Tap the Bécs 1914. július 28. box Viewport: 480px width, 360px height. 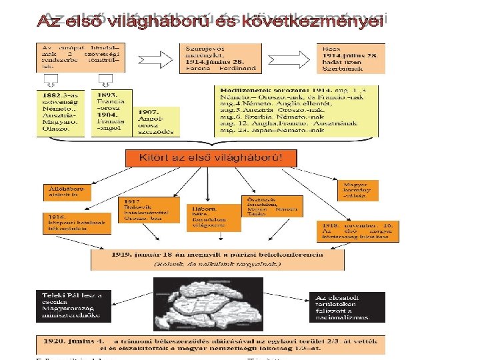[350, 58]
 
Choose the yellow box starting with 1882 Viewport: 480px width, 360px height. [60, 113]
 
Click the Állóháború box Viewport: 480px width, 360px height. [67, 192]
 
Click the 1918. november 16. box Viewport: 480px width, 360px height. [351, 231]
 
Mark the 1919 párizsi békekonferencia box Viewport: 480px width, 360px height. [217, 259]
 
